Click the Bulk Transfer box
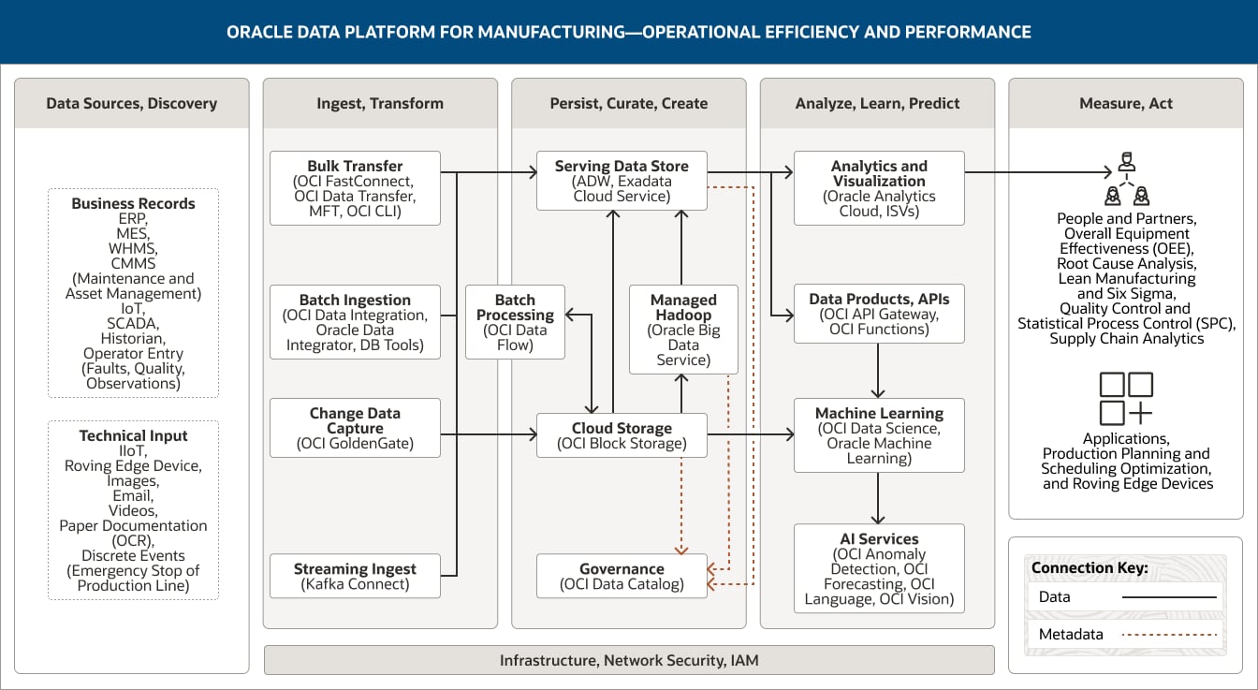355,188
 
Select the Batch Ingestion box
355,322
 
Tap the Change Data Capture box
355,428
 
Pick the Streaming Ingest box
355,576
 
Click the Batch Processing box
515,322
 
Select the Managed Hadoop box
683,330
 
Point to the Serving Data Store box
622,181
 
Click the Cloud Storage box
622,435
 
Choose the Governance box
622,576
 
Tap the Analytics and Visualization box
878,188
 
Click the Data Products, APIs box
878,314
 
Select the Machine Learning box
878,435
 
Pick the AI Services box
878,568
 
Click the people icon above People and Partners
1126,182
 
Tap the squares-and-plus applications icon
1126,398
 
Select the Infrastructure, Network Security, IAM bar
629,660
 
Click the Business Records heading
133,203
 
